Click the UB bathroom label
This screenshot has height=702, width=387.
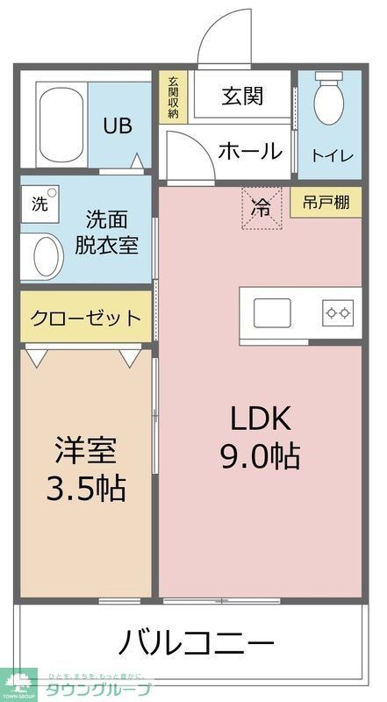(x=118, y=125)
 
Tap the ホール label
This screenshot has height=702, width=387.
(x=250, y=151)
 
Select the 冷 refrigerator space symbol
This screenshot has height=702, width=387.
(x=262, y=208)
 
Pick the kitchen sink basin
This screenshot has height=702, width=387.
(x=273, y=312)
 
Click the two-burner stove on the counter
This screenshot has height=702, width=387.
(x=338, y=312)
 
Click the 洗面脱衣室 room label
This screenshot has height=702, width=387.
(x=111, y=231)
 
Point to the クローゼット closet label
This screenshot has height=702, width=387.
(x=85, y=318)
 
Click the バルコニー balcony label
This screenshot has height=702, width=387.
(x=197, y=643)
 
